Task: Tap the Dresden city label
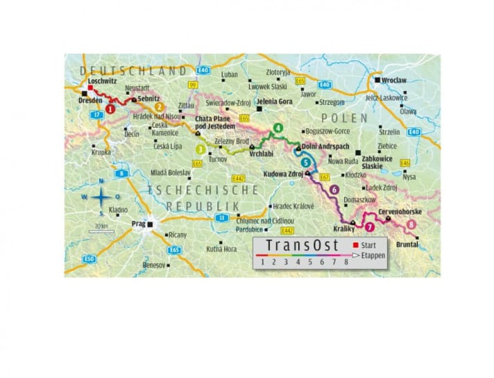point(92,100)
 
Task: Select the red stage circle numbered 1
point(110,109)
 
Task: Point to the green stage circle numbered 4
point(278,128)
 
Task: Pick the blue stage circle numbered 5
point(306,162)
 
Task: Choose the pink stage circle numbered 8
point(412,224)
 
